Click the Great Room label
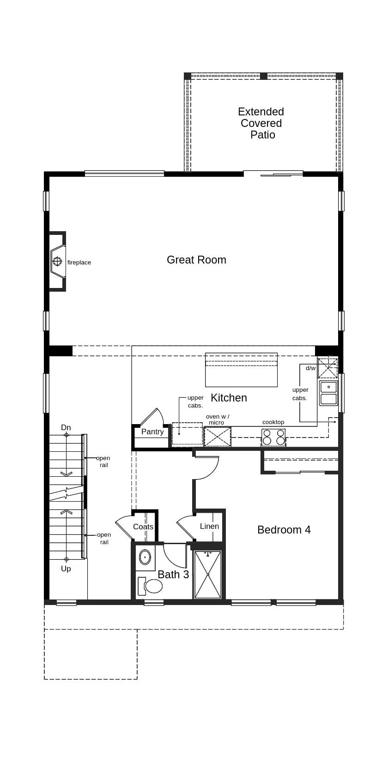point(196,260)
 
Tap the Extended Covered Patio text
point(261,123)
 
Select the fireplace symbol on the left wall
point(57,262)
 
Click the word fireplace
point(79,263)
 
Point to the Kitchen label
point(229,398)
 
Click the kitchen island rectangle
point(241,370)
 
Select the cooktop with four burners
point(273,437)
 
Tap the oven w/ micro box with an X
point(217,437)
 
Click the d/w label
point(310,368)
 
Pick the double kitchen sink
point(328,393)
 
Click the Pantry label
point(152,432)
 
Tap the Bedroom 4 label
point(284,530)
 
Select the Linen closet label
point(209,527)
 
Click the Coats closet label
point(143,527)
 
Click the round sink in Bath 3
point(145,557)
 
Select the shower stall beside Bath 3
point(208,575)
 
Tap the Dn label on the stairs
point(66,428)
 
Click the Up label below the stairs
point(66,569)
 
